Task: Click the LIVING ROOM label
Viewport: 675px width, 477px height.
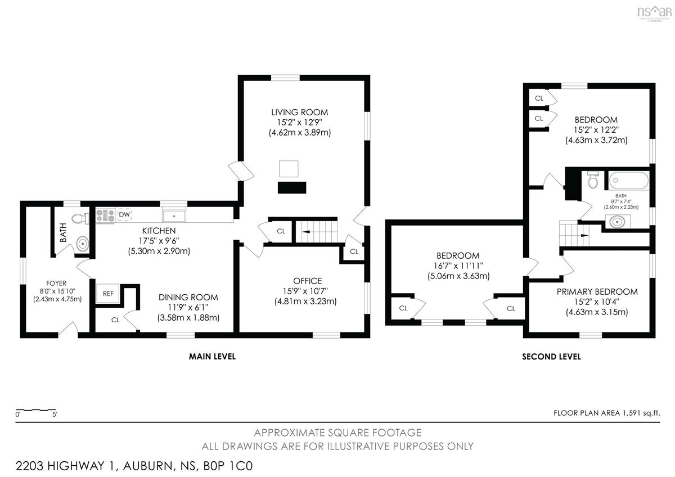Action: [x=299, y=112]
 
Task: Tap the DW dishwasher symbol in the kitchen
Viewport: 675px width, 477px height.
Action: [x=124, y=214]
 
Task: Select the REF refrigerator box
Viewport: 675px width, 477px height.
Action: [x=108, y=293]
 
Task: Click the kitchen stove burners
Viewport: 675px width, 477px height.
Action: [x=106, y=215]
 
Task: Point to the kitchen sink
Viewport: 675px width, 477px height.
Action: [x=174, y=216]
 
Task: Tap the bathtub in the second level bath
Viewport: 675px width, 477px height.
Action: [x=629, y=181]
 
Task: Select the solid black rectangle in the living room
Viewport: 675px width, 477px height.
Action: [x=292, y=187]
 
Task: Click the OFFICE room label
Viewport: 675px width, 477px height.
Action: [x=307, y=281]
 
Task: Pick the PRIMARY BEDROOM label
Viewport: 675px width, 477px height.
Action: [x=597, y=292]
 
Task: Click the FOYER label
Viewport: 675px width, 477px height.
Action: [x=56, y=283]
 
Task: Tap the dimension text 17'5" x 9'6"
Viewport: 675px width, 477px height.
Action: [x=159, y=241]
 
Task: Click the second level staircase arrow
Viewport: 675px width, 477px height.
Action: [x=584, y=235]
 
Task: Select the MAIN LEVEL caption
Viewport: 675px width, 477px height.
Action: [x=212, y=357]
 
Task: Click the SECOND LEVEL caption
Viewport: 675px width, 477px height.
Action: [x=551, y=357]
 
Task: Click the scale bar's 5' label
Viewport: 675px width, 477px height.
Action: [x=55, y=415]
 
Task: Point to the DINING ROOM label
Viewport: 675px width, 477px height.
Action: [x=188, y=298]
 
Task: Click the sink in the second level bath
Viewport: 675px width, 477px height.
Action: [x=617, y=222]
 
